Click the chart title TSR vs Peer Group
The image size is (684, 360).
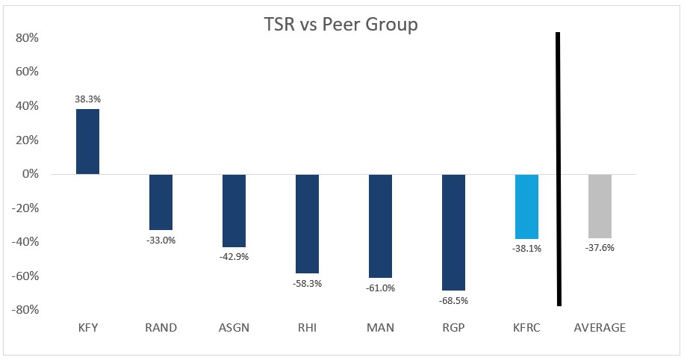tap(341, 24)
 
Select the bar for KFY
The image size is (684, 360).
tap(87, 142)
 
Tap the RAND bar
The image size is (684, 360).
tap(161, 202)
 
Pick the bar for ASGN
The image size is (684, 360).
tap(234, 211)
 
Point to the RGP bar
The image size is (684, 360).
tap(453, 232)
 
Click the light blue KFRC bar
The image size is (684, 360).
tap(526, 206)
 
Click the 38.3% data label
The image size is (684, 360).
tap(87, 98)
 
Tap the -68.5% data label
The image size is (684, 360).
tap(453, 301)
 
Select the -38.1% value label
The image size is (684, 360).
tap(526, 249)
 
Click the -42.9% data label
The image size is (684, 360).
tap(234, 257)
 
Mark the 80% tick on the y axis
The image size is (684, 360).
tap(28, 38)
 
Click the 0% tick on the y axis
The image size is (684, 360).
tap(31, 174)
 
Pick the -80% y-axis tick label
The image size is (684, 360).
tap(27, 310)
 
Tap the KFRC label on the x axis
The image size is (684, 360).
tap(526, 328)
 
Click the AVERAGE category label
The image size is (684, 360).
tap(599, 328)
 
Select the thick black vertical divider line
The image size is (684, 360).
tap(558, 168)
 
